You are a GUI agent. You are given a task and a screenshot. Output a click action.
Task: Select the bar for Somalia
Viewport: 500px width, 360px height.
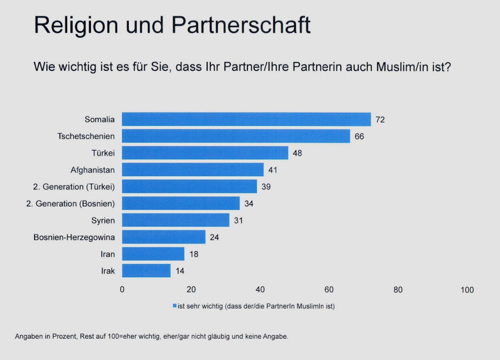click(x=246, y=119)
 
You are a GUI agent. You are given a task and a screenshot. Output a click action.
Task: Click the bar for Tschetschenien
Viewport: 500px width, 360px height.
click(x=236, y=136)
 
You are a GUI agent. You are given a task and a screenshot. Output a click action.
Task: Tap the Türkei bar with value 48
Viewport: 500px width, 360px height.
click(x=205, y=153)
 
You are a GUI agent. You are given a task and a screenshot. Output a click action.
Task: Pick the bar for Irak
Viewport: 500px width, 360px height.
click(x=146, y=271)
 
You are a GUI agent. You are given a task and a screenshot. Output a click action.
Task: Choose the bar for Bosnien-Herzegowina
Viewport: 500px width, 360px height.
click(x=164, y=237)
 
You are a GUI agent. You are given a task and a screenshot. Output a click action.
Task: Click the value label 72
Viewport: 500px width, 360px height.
click(x=380, y=120)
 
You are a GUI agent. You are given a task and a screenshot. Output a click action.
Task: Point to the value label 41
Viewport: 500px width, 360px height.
click(x=272, y=170)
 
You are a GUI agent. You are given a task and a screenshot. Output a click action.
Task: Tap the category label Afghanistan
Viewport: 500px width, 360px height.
click(x=93, y=170)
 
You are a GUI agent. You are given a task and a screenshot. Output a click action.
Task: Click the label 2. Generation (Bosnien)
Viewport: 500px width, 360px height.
click(x=74, y=204)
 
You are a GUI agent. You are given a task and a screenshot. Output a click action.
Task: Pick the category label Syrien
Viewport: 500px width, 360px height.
click(x=103, y=220)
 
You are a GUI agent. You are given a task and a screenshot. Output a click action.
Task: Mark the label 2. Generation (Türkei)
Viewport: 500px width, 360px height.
click(x=74, y=187)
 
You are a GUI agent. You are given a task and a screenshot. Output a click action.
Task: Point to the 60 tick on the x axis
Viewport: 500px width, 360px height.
click(x=329, y=290)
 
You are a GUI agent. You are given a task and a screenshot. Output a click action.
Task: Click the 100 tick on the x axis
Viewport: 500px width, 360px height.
click(x=467, y=290)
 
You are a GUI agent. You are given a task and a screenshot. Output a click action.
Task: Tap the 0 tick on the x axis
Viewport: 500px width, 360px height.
click(x=122, y=290)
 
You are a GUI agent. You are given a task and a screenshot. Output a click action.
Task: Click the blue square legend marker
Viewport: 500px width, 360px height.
click(x=175, y=306)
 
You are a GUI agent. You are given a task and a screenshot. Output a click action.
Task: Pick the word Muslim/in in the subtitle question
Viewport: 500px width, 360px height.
click(x=398, y=66)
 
